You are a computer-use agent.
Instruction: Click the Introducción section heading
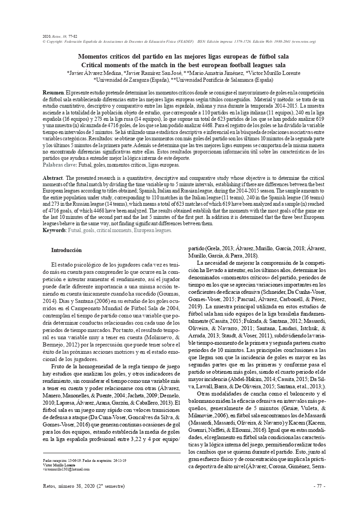point(66,250)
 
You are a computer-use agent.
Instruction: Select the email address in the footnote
point(66,470)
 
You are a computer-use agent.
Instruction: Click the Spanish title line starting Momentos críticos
point(179,57)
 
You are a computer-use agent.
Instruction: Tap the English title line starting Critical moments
point(179,65)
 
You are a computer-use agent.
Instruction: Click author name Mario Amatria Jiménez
point(214,72)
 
